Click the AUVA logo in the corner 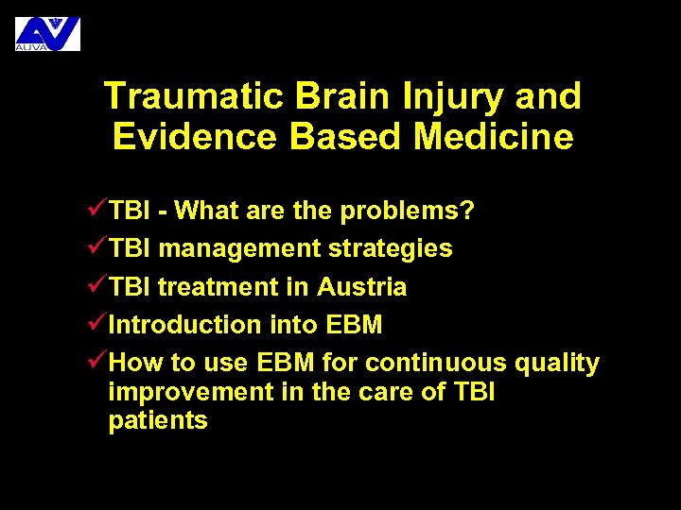tap(47, 33)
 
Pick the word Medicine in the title tap(493, 137)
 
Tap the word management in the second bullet tap(239, 248)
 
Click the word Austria tap(362, 287)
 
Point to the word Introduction tap(185, 325)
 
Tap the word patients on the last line tap(158, 421)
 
